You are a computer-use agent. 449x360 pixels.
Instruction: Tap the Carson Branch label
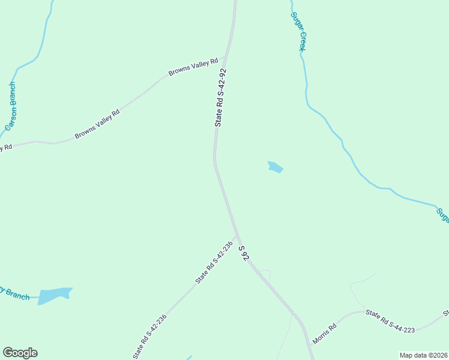click(x=10, y=106)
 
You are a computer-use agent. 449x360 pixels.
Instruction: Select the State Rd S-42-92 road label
click(x=221, y=97)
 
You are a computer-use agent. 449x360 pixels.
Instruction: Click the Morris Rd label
click(x=324, y=333)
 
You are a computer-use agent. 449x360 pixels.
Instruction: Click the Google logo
click(x=20, y=353)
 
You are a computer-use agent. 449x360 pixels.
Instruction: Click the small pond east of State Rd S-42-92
click(x=275, y=167)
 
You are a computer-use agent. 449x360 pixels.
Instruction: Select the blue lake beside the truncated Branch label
click(x=54, y=295)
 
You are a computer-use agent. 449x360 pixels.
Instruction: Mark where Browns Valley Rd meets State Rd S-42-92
click(x=224, y=58)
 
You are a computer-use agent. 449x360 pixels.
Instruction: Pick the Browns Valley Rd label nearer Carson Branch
click(x=97, y=124)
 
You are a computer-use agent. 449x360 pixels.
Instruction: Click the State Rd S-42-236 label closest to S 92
click(x=213, y=263)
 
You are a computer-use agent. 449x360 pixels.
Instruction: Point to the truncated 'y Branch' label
click(x=14, y=294)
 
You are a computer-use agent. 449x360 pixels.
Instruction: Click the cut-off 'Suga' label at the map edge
click(x=442, y=214)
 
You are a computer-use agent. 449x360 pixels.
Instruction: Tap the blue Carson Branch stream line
click(x=43, y=36)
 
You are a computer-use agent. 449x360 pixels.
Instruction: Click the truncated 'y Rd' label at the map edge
click(x=5, y=147)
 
